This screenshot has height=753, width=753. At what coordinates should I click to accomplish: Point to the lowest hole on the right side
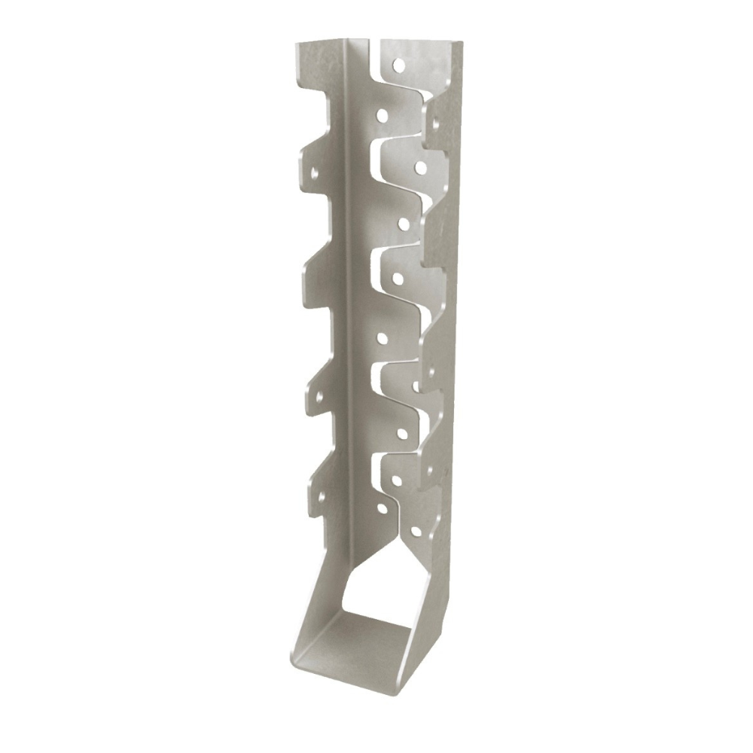(414, 532)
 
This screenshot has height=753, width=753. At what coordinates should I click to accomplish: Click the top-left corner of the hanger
(295, 43)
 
